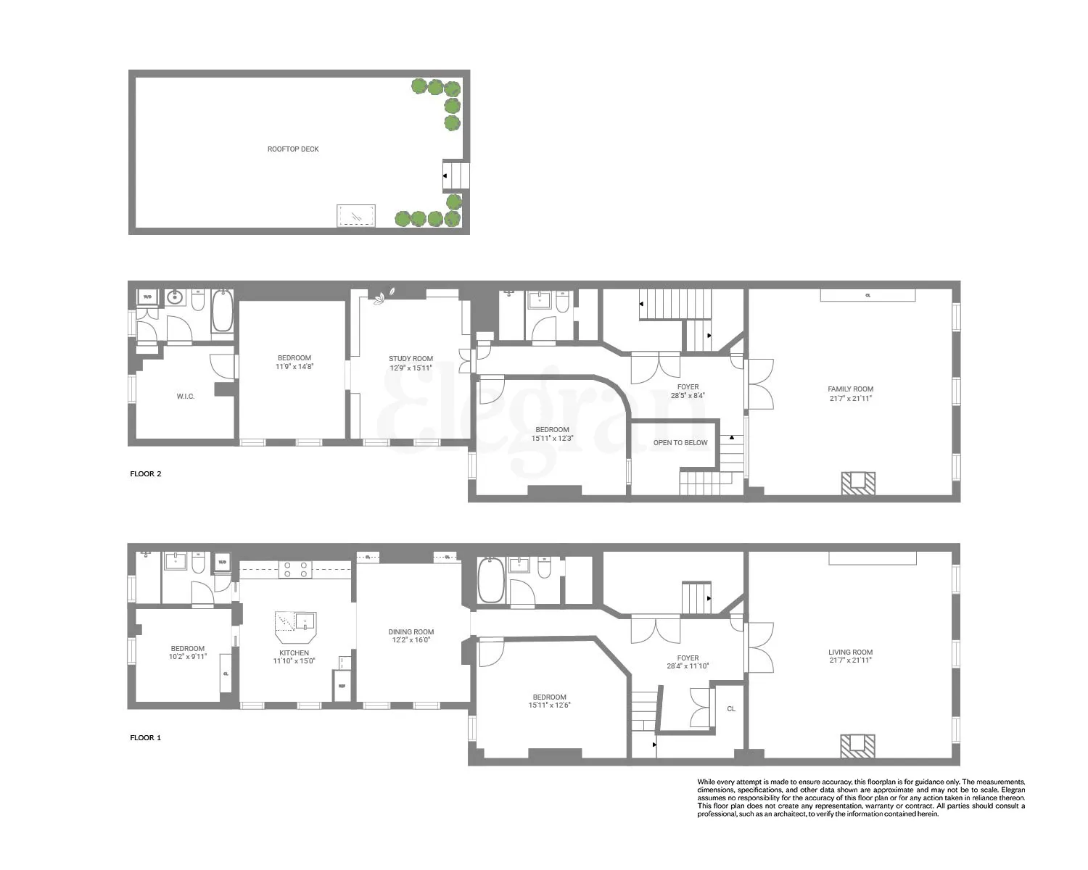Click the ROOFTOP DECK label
click(293, 149)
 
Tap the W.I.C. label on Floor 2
click(186, 396)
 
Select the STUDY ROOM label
click(411, 359)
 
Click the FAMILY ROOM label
click(851, 389)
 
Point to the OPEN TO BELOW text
click(680, 443)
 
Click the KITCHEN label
click(294, 652)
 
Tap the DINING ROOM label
click(411, 632)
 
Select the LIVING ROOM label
click(851, 652)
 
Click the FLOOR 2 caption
click(146, 474)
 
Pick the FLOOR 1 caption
click(146, 738)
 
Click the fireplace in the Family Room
click(859, 483)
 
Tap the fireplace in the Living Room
click(859, 746)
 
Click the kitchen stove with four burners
click(295, 569)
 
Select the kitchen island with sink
click(295, 626)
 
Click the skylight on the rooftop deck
click(356, 215)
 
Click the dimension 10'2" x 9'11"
click(189, 658)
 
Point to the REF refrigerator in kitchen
click(342, 685)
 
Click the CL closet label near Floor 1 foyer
click(731, 709)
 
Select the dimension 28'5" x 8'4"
click(688, 396)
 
